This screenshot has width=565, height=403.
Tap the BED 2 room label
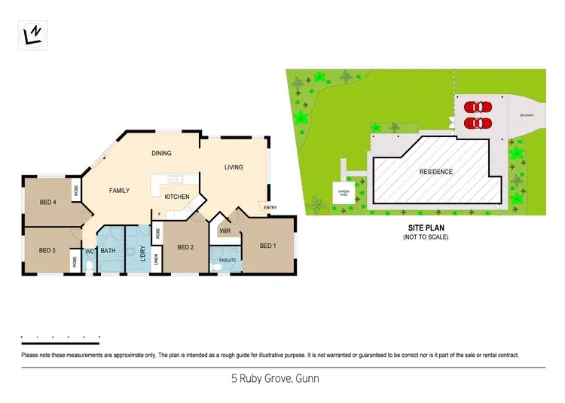tap(186, 247)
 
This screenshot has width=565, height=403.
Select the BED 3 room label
tap(47, 250)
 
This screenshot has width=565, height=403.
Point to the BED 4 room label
tap(47, 201)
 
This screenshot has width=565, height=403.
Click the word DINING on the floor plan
tap(162, 153)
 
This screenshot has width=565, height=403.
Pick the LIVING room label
tap(234, 167)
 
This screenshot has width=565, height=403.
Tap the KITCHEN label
tap(177, 197)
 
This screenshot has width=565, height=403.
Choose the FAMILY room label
tap(121, 191)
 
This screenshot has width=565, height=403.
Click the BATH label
tap(108, 251)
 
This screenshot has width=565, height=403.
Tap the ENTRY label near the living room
tap(270, 207)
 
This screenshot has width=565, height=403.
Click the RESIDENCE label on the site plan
tap(436, 172)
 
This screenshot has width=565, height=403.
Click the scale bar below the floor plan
tap(60, 337)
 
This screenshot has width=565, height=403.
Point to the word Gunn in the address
tap(307, 379)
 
